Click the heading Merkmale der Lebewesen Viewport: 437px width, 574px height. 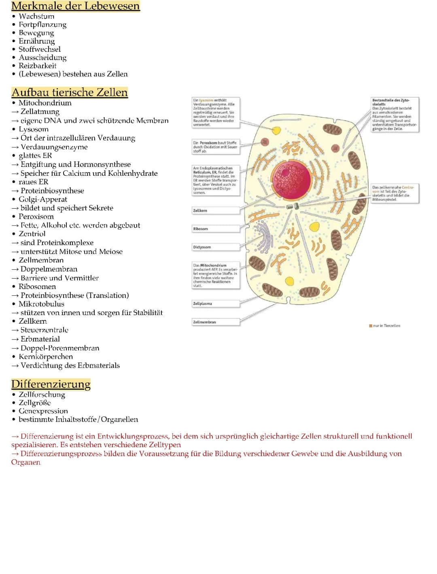pos(75,6)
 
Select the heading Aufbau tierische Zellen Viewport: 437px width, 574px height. pos(70,92)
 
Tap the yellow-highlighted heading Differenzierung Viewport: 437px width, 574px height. pos(51,384)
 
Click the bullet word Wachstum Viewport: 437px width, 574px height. pos(36,16)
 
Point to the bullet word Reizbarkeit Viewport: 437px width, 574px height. pos(38,66)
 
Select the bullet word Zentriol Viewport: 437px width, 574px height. pos(32,234)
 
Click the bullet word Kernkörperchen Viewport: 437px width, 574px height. pos(46,356)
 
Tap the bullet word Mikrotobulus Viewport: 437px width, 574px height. pos(41,304)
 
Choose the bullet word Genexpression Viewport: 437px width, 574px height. pos(43,411)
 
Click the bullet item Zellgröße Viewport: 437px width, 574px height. pos(35,403)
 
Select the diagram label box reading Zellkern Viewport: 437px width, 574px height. pos(216,211)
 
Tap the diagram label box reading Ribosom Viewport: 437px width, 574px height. pos(216,229)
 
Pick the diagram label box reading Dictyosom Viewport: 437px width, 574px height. pos(216,247)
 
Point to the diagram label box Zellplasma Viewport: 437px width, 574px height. pos(216,303)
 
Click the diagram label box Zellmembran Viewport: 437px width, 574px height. pos(216,322)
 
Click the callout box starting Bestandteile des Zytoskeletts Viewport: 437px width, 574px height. pos(395,114)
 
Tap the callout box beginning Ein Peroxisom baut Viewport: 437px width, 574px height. pos(216,147)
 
